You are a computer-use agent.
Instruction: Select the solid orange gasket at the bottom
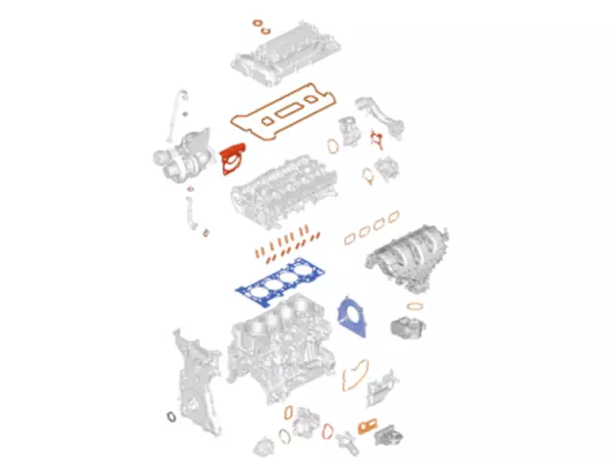click(366, 425)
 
